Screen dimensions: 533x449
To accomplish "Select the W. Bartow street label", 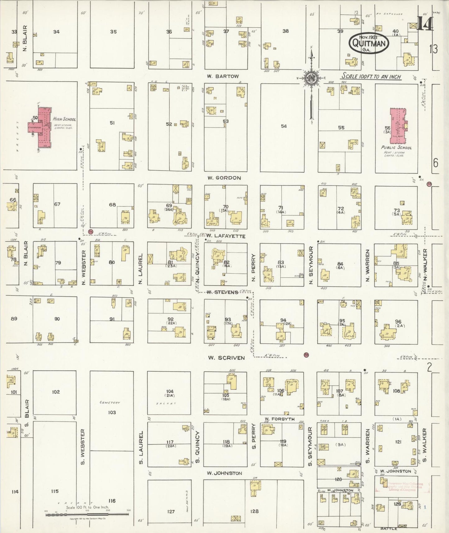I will tap(223, 76).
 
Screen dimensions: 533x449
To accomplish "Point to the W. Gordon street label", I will tap(224, 178).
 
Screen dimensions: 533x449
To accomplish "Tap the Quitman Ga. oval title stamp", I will tap(369, 44).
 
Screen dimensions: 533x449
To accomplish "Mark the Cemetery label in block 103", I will tap(110, 402).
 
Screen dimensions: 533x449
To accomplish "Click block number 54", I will tap(284, 126).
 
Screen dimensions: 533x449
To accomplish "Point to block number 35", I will tap(113, 31).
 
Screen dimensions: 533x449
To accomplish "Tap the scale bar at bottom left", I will tap(87, 515).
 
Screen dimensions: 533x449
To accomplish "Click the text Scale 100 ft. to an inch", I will tap(372, 76).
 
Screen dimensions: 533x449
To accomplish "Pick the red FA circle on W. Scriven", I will tap(307, 355).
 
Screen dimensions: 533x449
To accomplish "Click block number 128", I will tap(254, 511).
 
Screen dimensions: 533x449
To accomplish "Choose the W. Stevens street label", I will tap(222, 292).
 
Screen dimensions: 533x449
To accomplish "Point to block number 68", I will tap(112, 205).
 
